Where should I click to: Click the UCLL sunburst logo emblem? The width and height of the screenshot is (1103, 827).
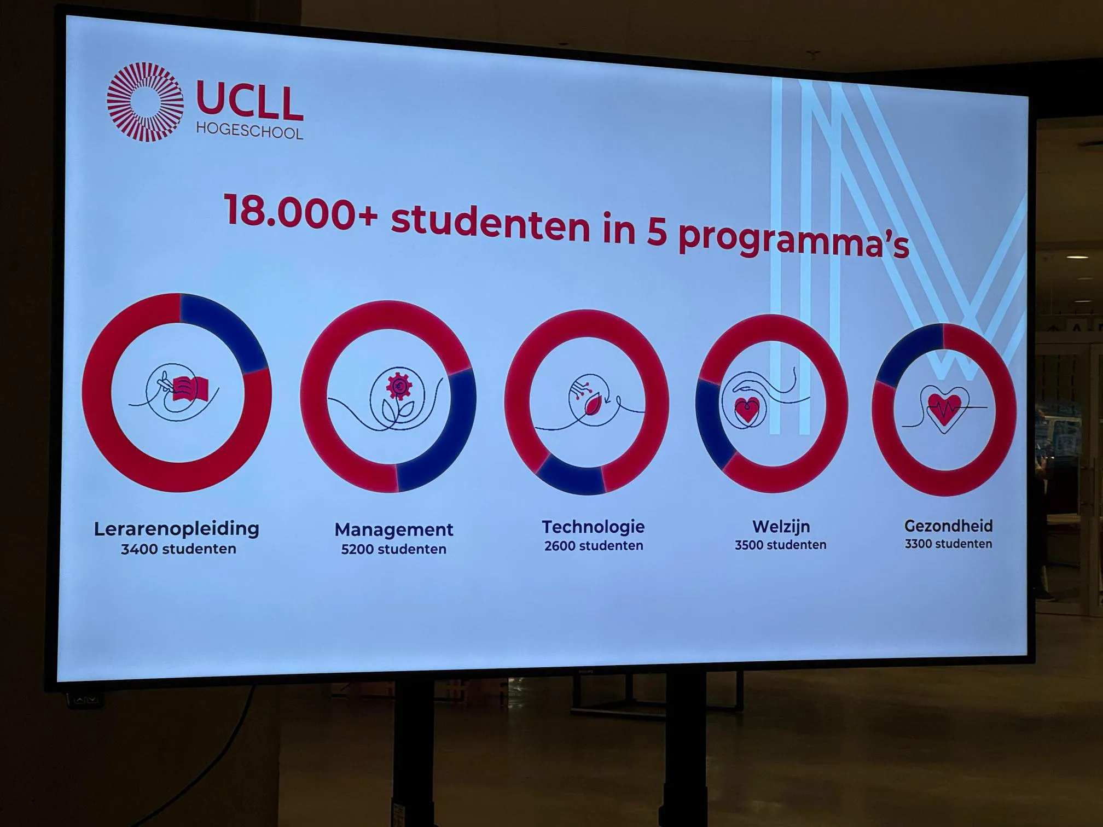click(x=145, y=102)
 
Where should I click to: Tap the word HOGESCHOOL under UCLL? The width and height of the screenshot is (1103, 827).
click(x=249, y=131)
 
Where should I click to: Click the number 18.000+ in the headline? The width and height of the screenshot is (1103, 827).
click(x=300, y=212)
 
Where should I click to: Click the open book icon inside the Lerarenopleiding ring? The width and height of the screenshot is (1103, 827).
click(x=190, y=389)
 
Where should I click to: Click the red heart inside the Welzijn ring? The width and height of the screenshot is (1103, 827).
click(x=747, y=410)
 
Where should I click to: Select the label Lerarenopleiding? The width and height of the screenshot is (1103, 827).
click(x=177, y=529)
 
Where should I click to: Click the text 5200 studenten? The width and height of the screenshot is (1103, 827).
click(x=394, y=549)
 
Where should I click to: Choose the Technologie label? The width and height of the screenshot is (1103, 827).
click(x=593, y=527)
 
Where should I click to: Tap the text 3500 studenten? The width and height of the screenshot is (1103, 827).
click(x=781, y=545)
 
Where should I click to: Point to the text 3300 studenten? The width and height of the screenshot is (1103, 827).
click(x=948, y=544)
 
